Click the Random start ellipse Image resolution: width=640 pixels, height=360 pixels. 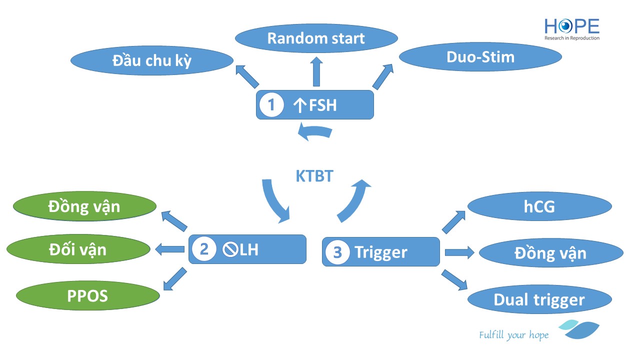click(x=316, y=38)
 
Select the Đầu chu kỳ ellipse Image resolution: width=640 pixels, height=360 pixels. click(x=152, y=60)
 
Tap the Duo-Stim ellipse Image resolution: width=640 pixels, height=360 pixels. click(x=480, y=57)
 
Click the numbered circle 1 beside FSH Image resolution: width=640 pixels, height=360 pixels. click(x=271, y=105)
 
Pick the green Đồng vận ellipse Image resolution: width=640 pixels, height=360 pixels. click(x=84, y=206)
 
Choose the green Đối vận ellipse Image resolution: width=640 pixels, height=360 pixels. click(x=78, y=248)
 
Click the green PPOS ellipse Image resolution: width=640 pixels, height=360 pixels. click(x=87, y=295)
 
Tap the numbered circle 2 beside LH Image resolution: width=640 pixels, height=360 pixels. click(x=204, y=249)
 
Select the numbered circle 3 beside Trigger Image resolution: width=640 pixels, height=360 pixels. click(x=337, y=252)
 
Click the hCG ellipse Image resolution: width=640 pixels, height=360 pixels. click(x=539, y=206)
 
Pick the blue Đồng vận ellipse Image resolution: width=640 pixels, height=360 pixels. click(x=550, y=253)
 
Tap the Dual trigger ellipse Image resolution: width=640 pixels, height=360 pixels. click(x=539, y=299)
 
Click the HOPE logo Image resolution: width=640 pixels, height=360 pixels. click(x=571, y=29)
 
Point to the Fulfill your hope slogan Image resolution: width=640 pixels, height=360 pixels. click(x=513, y=335)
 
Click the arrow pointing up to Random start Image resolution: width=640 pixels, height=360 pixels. click(x=316, y=71)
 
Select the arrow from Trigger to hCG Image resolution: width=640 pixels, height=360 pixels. click(x=453, y=222)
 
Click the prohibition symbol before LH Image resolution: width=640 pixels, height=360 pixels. click(x=231, y=249)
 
